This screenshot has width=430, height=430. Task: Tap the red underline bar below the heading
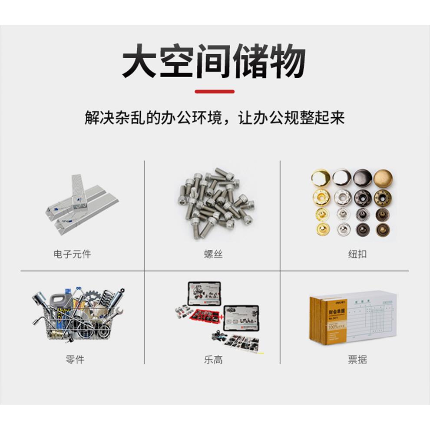[215, 92]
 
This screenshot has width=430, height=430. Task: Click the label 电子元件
[72, 254]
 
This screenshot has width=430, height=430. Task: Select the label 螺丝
[213, 254]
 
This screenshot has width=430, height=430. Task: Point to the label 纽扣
[357, 254]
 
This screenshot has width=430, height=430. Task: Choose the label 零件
[75, 360]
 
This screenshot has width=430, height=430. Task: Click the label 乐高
[213, 360]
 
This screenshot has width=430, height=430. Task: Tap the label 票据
[357, 360]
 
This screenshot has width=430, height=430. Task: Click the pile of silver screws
[213, 202]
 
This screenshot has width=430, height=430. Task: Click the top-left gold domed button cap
[321, 178]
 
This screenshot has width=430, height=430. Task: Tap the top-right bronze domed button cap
[383, 178]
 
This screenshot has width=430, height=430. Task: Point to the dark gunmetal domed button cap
[362, 178]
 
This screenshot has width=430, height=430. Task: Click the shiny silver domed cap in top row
[341, 178]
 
